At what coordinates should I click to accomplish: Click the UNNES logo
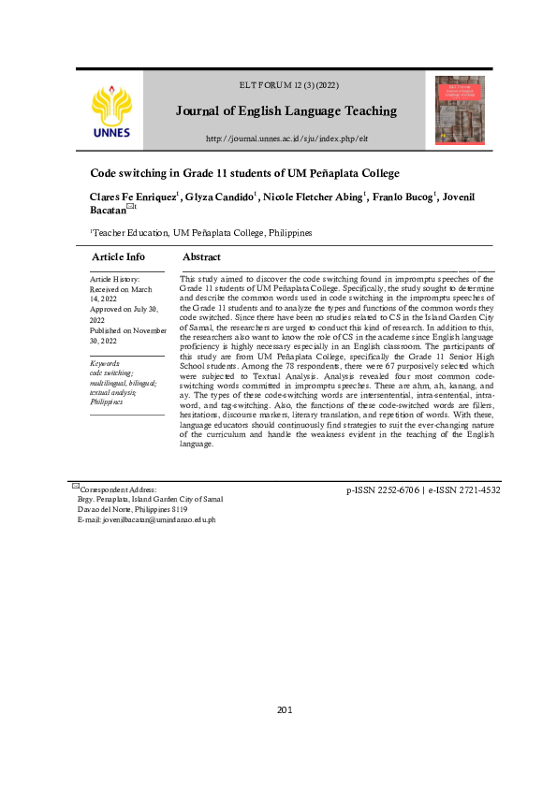(112, 110)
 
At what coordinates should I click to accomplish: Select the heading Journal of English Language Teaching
(286, 111)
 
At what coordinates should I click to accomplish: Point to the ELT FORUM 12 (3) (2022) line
(286, 86)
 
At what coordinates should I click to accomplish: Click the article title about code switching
(244, 173)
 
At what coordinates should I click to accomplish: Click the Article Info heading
(118, 256)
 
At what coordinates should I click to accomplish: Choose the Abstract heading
(201, 256)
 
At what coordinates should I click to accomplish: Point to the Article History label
(114, 279)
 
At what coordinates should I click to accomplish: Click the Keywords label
(105, 363)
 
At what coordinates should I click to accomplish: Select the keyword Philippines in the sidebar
(107, 401)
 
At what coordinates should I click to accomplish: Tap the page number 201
(286, 709)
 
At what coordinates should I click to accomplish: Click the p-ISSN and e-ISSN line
(423, 490)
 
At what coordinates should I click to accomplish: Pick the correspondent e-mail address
(147, 519)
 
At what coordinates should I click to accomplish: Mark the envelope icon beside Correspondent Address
(75, 486)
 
